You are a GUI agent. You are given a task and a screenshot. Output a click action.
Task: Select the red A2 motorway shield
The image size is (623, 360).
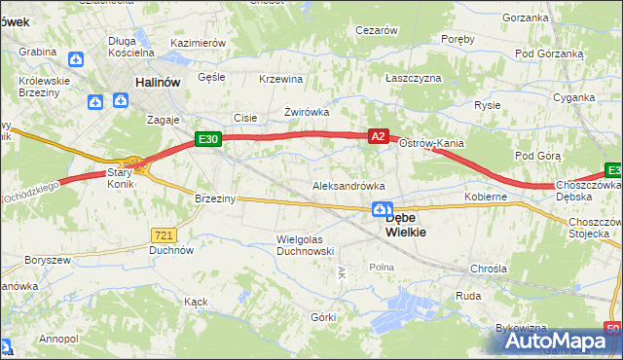[380, 138]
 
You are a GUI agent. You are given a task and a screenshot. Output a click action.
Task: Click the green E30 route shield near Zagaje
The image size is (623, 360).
[207, 140]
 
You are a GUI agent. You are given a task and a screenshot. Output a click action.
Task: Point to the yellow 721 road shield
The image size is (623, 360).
[164, 234]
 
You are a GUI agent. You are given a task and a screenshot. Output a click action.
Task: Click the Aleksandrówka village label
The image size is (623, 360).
[348, 185]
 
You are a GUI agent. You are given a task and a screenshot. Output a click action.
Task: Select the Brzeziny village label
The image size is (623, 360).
[215, 198]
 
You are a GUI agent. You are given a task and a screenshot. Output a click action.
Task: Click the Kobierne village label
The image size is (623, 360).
[486, 197]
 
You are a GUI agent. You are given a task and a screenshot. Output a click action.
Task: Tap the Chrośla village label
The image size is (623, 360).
[488, 268]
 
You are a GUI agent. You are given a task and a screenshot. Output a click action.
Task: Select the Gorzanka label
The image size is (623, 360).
[527, 18]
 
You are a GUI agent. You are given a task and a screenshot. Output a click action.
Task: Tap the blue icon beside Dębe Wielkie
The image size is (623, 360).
[383, 209]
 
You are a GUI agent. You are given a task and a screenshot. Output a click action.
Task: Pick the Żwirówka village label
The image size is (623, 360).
[307, 112]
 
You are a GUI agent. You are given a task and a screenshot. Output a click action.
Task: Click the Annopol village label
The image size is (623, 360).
[58, 339]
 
